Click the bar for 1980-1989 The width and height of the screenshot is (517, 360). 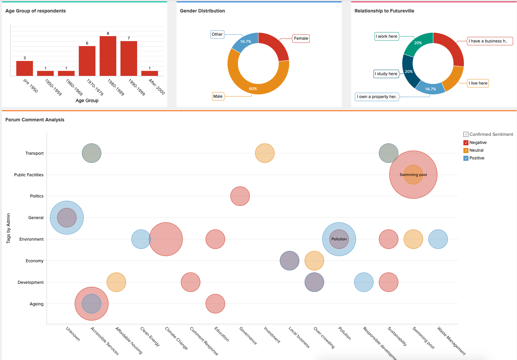(108, 56)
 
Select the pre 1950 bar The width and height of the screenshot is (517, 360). (25, 68)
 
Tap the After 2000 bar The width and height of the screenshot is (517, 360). (150, 73)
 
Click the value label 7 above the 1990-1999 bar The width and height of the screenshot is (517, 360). (129, 38)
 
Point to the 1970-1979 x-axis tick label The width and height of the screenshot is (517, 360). (95, 87)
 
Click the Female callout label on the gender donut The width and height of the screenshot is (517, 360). (301, 38)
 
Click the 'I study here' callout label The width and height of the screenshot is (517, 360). (386, 74)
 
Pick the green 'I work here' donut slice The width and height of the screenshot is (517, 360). (418, 43)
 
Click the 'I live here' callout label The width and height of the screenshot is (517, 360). (478, 83)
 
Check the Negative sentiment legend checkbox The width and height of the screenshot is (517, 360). (466, 143)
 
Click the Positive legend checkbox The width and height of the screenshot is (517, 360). (466, 158)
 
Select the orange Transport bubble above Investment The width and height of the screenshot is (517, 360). (265, 153)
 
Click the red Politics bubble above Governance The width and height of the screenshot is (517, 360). (240, 196)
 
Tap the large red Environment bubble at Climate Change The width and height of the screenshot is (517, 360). (166, 239)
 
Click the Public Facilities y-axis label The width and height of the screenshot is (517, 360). (29, 175)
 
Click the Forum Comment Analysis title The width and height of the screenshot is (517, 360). (35, 120)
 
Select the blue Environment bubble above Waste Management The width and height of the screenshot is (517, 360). (438, 239)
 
